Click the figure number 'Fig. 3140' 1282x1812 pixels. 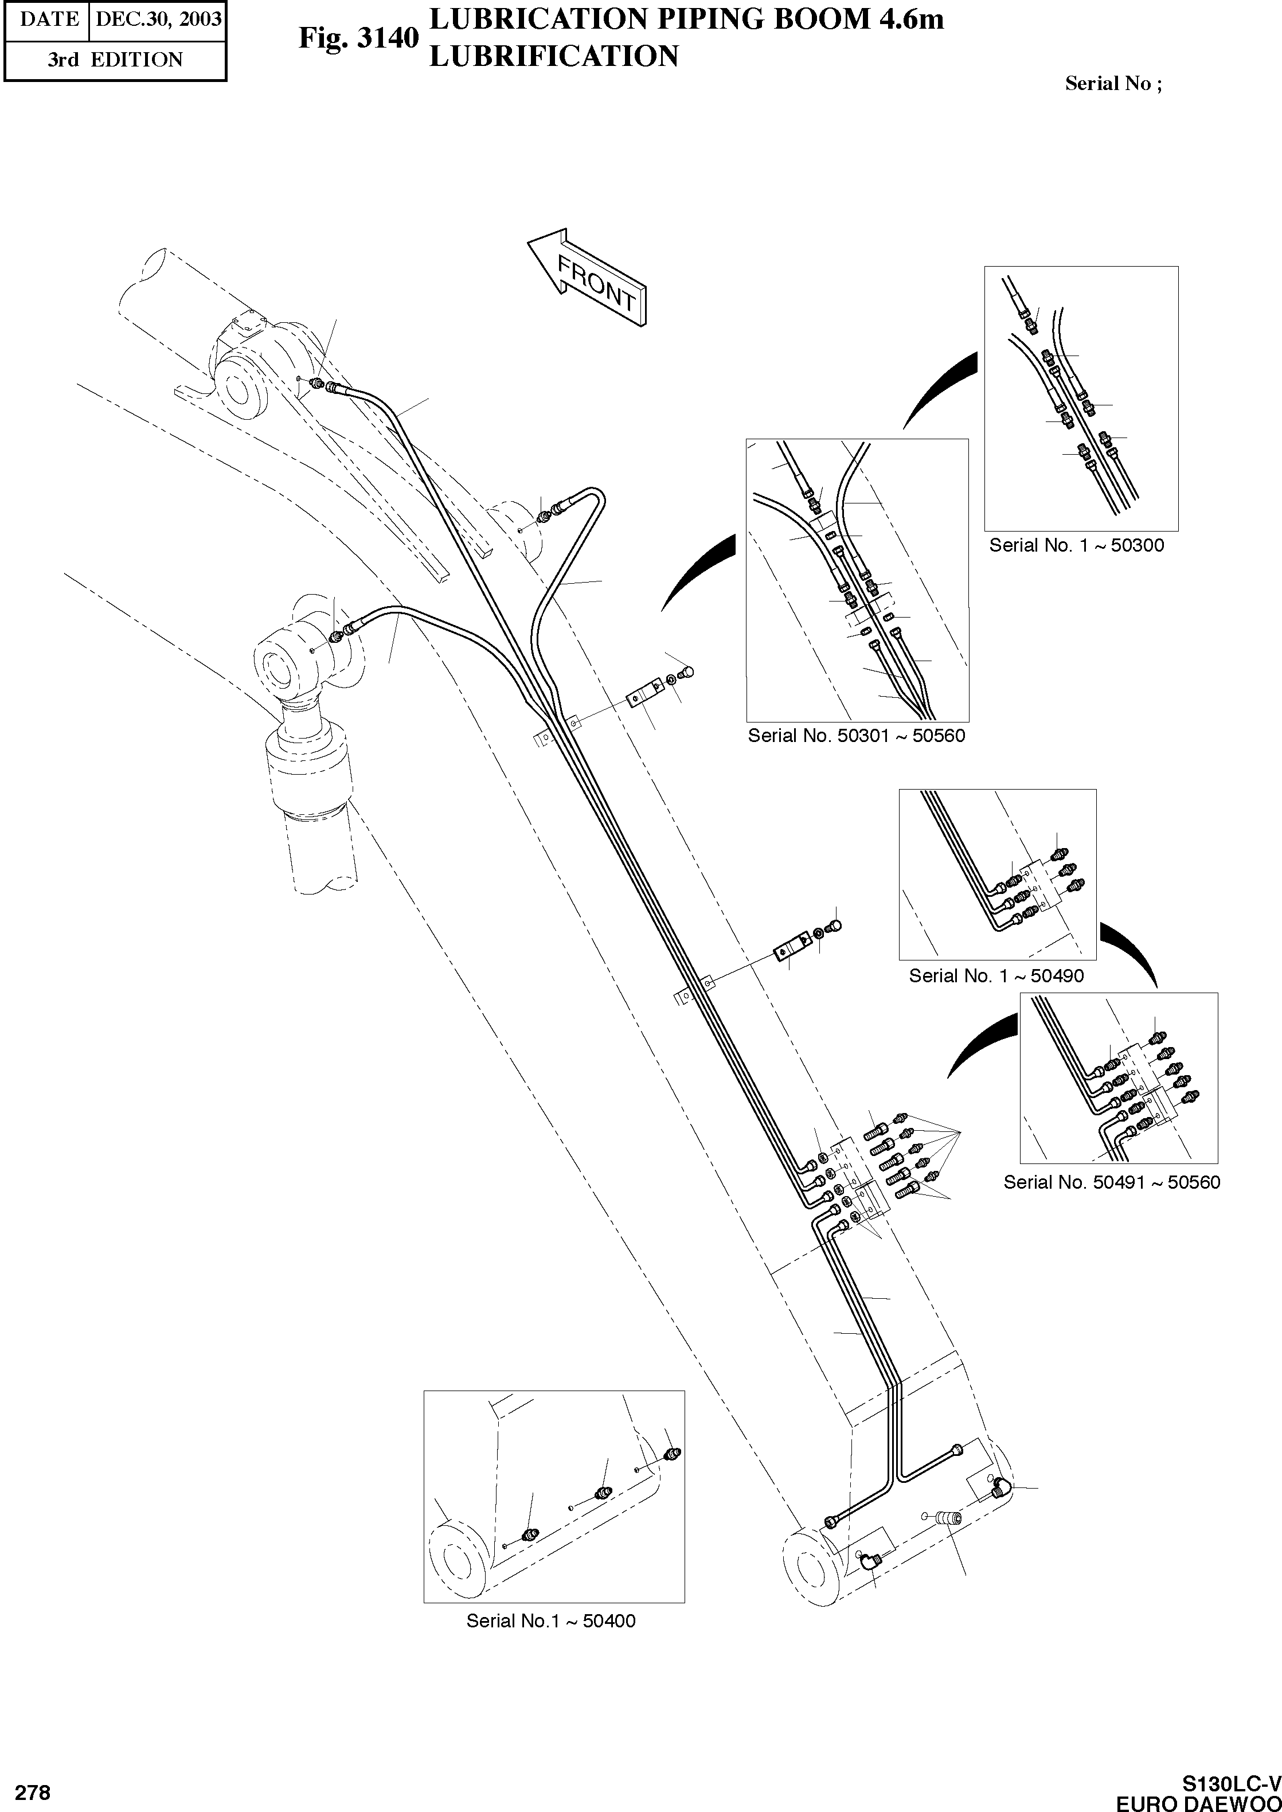[358, 38]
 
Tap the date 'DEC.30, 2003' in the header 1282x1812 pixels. [158, 18]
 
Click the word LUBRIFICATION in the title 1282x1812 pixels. [553, 57]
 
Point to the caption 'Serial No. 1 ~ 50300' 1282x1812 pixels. [1076, 545]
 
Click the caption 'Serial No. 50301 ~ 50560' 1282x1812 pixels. [857, 736]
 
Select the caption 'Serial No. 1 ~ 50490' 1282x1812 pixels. [996, 976]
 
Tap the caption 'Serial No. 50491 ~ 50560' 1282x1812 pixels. [1112, 1183]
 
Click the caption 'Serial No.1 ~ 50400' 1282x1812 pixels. [550, 1621]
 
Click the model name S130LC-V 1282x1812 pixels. [1231, 1783]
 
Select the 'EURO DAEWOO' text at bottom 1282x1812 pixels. [1198, 1802]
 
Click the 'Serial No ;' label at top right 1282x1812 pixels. [1113, 84]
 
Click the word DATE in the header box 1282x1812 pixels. [49, 18]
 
